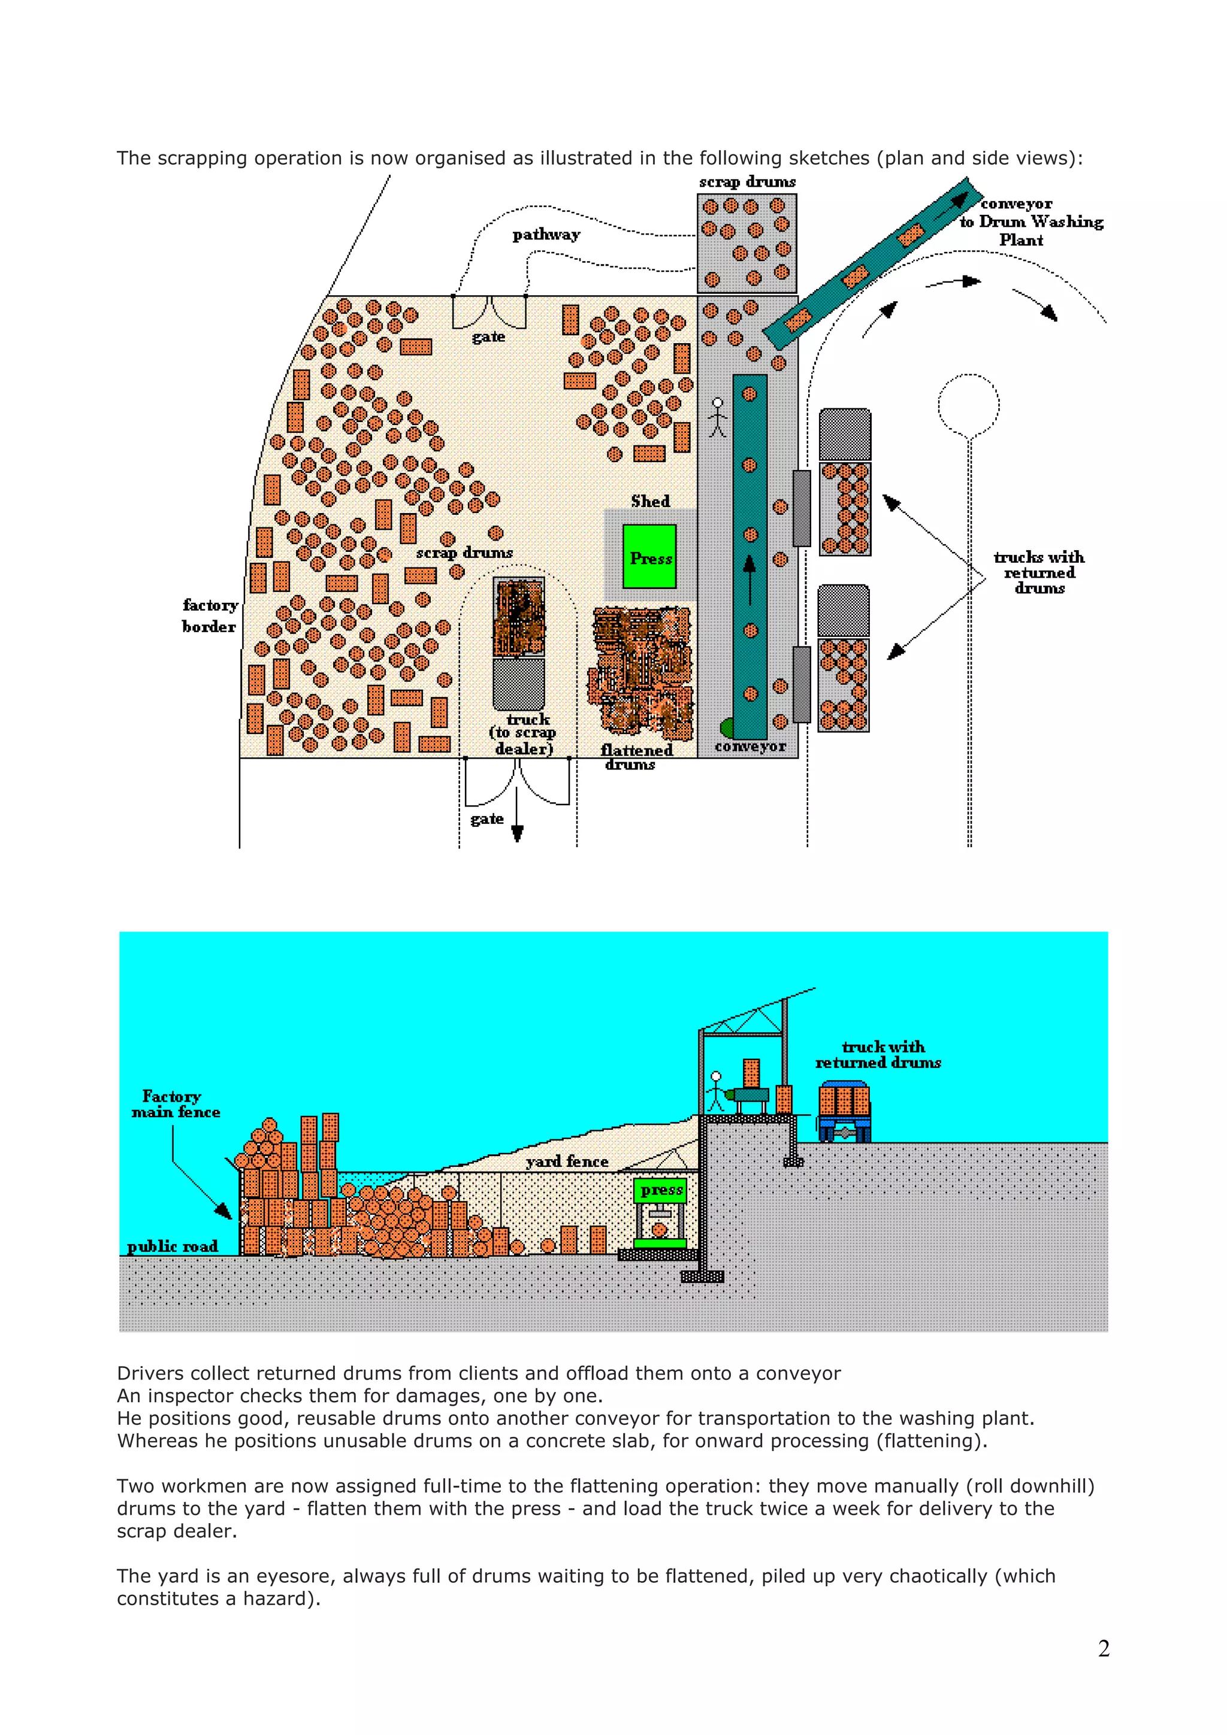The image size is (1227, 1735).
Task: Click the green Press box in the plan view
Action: click(x=649, y=557)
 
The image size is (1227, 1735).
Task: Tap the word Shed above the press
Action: click(x=650, y=502)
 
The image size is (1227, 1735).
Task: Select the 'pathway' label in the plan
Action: click(x=546, y=235)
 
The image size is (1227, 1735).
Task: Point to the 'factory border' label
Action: click(x=210, y=615)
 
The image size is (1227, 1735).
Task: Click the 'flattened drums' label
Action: click(x=636, y=756)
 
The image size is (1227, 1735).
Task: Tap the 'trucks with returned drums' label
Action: click(x=1039, y=572)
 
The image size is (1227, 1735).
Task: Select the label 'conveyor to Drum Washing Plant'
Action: click(x=1031, y=222)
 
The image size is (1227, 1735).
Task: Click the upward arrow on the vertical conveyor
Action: click(x=750, y=578)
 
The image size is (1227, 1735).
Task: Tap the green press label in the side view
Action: click(x=661, y=1190)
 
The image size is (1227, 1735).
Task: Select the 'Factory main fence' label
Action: click(x=176, y=1104)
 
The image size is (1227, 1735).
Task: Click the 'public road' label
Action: click(x=173, y=1246)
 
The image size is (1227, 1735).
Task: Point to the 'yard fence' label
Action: click(x=567, y=1161)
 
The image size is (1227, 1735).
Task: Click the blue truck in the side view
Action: click(x=844, y=1109)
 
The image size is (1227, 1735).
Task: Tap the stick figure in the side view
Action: click(x=716, y=1091)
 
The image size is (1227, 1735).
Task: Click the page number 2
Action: click(x=1103, y=1649)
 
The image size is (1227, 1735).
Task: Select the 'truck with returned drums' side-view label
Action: click(x=878, y=1054)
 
